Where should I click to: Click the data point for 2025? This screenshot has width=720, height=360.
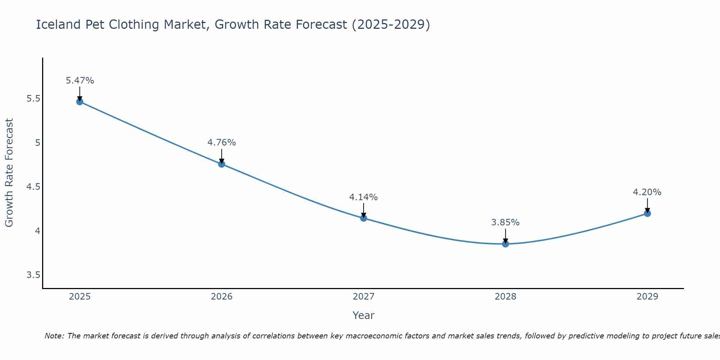(x=80, y=102)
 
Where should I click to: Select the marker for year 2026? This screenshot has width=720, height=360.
(x=221, y=164)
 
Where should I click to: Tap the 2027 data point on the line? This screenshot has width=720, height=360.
(x=364, y=218)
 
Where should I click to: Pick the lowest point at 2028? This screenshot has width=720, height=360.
(x=505, y=244)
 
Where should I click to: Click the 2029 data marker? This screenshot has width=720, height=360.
(x=647, y=213)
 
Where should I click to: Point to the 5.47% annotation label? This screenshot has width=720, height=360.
(x=80, y=81)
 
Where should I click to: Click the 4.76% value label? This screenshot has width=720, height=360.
(x=221, y=143)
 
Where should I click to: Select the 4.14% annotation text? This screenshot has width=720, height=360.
(x=364, y=197)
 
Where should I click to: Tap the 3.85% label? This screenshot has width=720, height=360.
(x=505, y=222)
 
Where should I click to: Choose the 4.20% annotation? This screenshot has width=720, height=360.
(x=647, y=192)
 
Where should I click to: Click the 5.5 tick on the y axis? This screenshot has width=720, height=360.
(x=33, y=99)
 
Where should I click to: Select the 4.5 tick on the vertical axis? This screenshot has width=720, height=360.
(x=33, y=187)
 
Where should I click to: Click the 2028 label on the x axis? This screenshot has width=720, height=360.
(x=505, y=297)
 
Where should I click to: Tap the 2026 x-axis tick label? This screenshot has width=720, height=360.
(x=221, y=297)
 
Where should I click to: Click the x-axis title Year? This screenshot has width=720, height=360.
(x=364, y=315)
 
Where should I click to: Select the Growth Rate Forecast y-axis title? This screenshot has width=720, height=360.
(x=9, y=173)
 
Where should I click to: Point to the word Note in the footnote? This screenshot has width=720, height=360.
(x=54, y=336)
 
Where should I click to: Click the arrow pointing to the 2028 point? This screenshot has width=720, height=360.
(x=505, y=236)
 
